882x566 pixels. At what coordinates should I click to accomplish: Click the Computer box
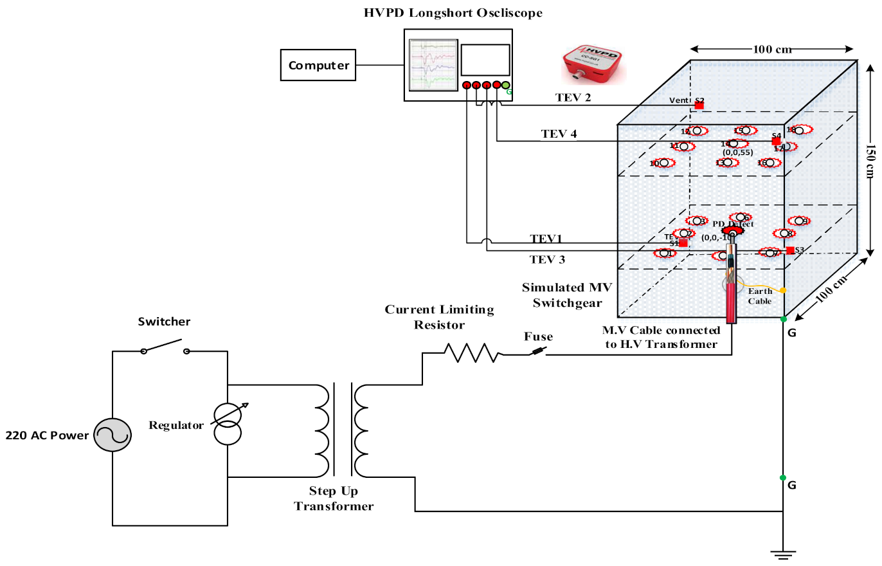[319, 65]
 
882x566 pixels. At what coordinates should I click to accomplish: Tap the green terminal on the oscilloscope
[506, 85]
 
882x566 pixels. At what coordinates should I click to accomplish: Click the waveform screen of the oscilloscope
[433, 64]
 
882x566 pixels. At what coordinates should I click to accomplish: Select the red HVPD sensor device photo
[590, 64]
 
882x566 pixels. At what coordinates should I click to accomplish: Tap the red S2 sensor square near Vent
[699, 105]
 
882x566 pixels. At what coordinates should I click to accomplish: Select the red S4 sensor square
[776, 141]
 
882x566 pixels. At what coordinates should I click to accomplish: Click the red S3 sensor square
[790, 250]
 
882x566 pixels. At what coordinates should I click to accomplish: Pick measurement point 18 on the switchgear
[799, 130]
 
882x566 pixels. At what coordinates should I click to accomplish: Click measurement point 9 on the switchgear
[798, 221]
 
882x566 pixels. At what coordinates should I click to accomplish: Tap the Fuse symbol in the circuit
[538, 351]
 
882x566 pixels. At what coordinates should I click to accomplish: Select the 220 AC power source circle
[111, 435]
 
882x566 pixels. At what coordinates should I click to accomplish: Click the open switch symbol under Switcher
[165, 350]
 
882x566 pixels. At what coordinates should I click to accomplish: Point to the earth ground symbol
[782, 553]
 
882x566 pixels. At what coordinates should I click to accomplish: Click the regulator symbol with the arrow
[228, 424]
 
